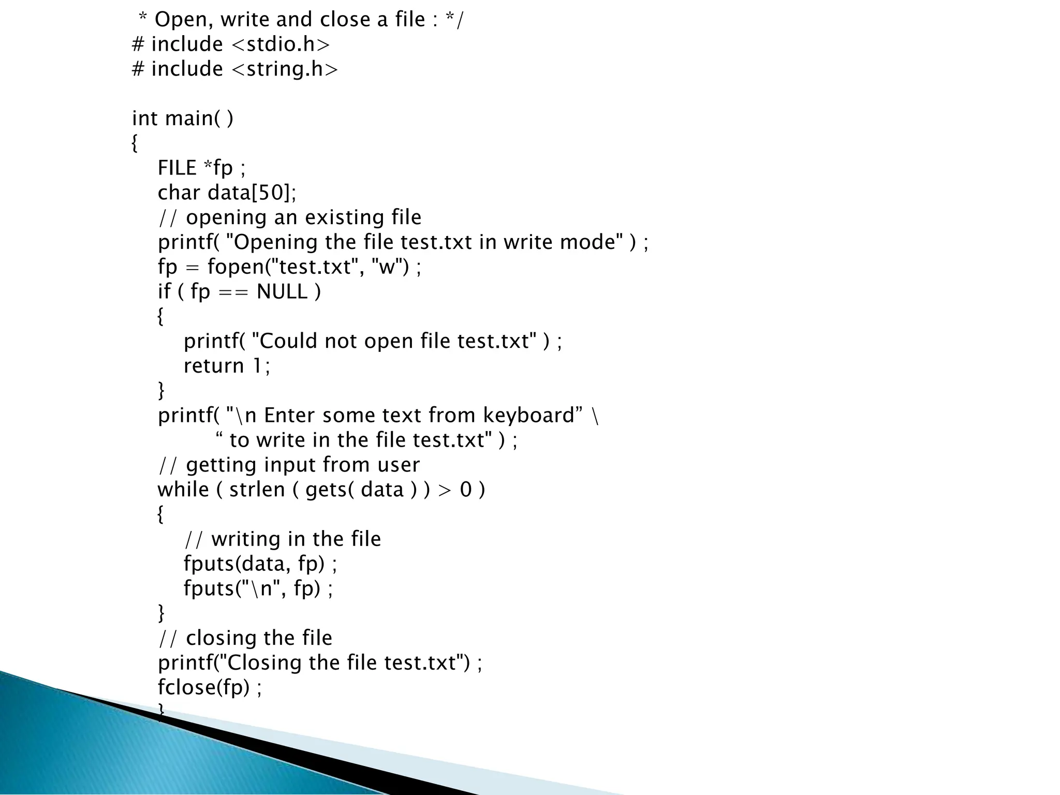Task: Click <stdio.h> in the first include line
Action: click(x=280, y=45)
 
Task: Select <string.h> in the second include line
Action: click(x=284, y=69)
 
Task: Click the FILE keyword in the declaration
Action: click(x=177, y=168)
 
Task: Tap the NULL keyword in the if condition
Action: click(x=282, y=292)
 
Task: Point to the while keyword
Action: click(x=183, y=490)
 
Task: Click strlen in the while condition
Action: click(x=257, y=490)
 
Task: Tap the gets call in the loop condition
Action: click(x=326, y=490)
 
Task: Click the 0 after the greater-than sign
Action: click(x=466, y=490)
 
